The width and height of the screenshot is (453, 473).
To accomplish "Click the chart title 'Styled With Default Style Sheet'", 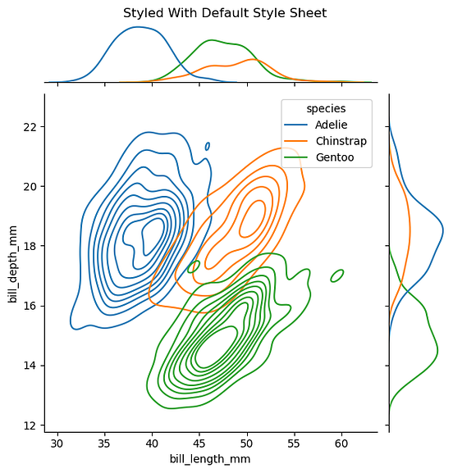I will coord(225,13).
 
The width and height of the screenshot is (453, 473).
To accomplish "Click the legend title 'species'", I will coord(326,108).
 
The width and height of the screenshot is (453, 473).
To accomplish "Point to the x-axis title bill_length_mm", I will coord(209,459).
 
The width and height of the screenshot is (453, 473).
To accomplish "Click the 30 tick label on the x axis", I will coord(57,443).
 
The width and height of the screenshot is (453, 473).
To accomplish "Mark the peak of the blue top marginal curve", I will coord(136,27).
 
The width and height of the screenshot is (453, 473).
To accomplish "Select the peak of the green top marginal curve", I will coord(213,40).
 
